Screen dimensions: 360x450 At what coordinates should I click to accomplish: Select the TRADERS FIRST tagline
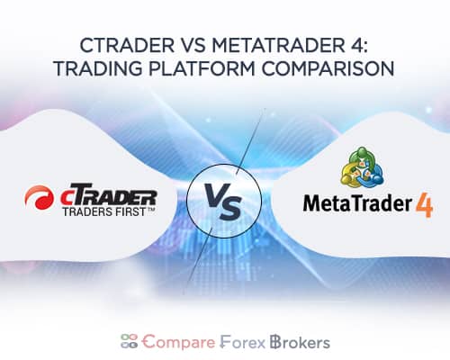112,213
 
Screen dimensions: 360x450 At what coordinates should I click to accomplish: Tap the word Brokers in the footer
298,342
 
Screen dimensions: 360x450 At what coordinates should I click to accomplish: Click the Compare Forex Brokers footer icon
130,342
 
